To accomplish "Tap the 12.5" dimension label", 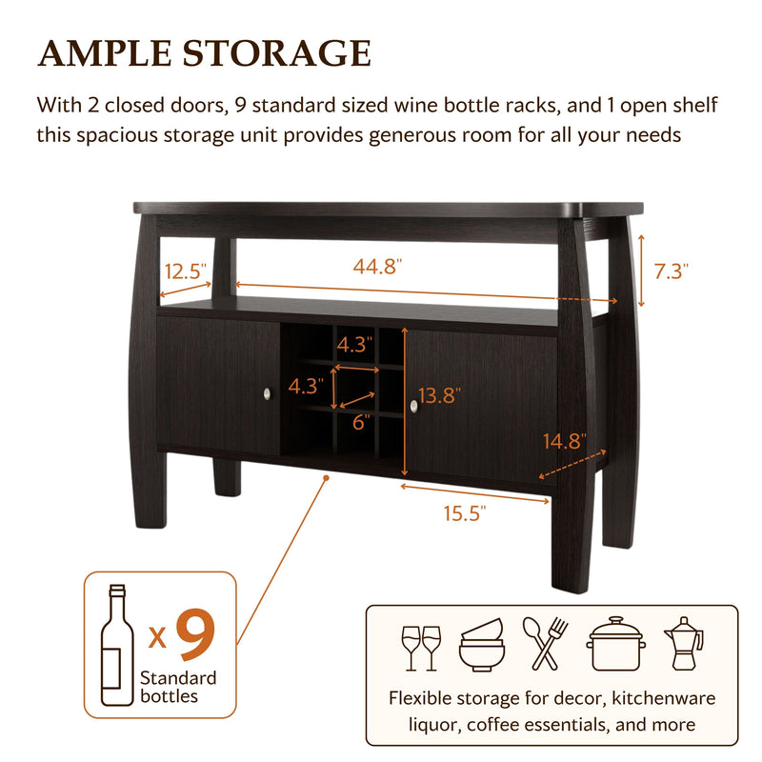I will click(x=186, y=271).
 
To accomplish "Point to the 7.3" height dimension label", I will click(x=672, y=271).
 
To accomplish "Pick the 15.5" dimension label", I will click(x=465, y=513).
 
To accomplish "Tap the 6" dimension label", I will click(x=361, y=422).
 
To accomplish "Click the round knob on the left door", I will click(x=268, y=393).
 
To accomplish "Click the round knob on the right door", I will click(x=413, y=407).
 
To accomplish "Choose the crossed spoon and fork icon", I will click(x=545, y=644).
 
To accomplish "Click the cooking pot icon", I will click(x=614, y=645).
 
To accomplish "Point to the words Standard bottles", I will click(x=178, y=687).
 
